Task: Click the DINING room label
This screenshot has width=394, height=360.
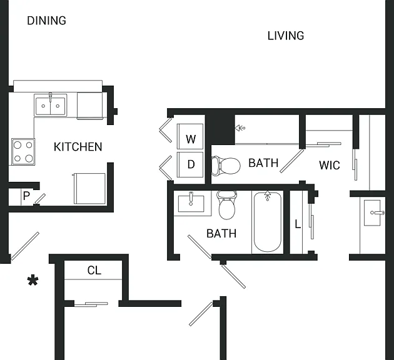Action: click(46, 21)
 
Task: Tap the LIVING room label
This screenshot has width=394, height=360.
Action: click(286, 36)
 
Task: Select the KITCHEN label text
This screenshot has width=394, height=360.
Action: click(78, 147)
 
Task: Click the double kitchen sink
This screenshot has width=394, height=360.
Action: click(51, 106)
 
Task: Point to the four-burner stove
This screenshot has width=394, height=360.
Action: click(23, 152)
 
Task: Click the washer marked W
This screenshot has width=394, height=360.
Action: click(190, 136)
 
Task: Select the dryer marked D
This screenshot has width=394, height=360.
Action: click(190, 164)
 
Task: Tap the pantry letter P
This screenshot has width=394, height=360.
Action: click(26, 196)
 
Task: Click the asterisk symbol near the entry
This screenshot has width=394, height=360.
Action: click(33, 281)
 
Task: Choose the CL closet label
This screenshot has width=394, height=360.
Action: click(94, 271)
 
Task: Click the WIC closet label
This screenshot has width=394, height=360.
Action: click(330, 165)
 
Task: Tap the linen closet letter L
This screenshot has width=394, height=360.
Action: click(298, 224)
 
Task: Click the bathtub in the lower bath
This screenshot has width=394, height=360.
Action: click(268, 222)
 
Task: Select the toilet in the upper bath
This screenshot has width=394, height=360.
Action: click(226, 166)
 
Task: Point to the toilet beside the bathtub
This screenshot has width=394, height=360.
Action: click(227, 204)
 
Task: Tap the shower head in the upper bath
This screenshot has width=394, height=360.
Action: click(240, 128)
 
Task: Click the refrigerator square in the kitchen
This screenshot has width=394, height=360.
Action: click(89, 188)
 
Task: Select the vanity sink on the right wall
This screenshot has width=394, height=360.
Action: click(372, 212)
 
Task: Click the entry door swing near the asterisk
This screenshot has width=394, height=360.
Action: click(25, 246)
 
